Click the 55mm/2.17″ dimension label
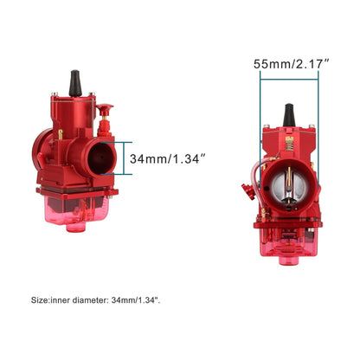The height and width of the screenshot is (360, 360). click(x=290, y=64)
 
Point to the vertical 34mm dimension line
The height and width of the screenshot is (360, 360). click(x=131, y=159)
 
